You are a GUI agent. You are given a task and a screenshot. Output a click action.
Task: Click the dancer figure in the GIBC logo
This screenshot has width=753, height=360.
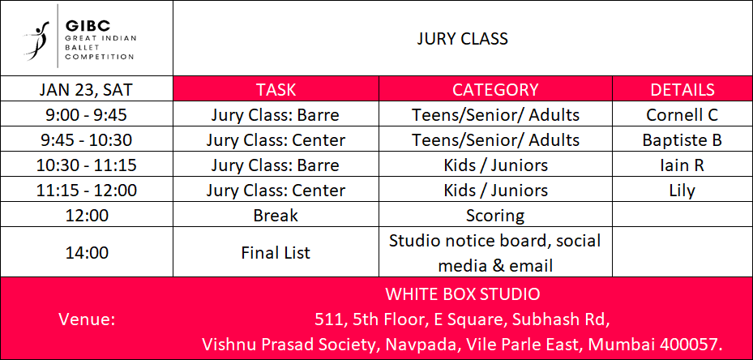pos(36,41)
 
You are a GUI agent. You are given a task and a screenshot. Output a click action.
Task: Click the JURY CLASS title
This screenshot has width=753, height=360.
pos(462,38)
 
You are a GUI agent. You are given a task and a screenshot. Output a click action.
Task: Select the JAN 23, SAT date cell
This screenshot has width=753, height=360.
pos(87,90)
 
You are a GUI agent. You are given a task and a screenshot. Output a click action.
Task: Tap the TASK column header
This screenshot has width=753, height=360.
pos(276,89)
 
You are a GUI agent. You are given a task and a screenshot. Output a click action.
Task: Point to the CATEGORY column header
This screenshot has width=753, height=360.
pos(495,89)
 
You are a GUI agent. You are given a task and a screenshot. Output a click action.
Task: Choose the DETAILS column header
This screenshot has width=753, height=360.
pos(682,89)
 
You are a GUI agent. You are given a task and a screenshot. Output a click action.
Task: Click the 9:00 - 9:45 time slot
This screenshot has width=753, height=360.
pos(87,115)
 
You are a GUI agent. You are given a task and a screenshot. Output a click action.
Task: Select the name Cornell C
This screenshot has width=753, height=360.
pos(682,115)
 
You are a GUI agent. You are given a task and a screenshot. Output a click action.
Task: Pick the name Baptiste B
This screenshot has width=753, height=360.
pos(682,140)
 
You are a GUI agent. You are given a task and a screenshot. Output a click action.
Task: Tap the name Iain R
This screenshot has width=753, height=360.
pos(682,165)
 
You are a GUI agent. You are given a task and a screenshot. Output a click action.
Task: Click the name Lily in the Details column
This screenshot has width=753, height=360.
pos(682,191)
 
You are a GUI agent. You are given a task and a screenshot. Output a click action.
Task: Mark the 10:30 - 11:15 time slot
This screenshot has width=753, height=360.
pos(87,165)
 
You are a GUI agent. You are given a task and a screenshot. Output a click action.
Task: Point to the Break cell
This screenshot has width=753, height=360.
pos(276,216)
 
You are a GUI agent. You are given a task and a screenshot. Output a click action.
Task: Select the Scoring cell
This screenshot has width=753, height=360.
pos(495,216)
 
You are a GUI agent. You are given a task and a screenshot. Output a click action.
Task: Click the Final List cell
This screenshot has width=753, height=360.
pos(276,252)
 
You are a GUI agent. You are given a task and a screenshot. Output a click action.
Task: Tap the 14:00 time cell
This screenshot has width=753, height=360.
pos(87,252)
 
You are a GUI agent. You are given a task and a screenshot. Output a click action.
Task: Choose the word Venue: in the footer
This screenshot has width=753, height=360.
pos(87,319)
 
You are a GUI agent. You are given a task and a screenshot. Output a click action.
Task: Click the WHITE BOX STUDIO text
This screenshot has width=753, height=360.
pos(463,294)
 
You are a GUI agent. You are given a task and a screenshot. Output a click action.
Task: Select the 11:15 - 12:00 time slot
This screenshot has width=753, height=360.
pos(87,191)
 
